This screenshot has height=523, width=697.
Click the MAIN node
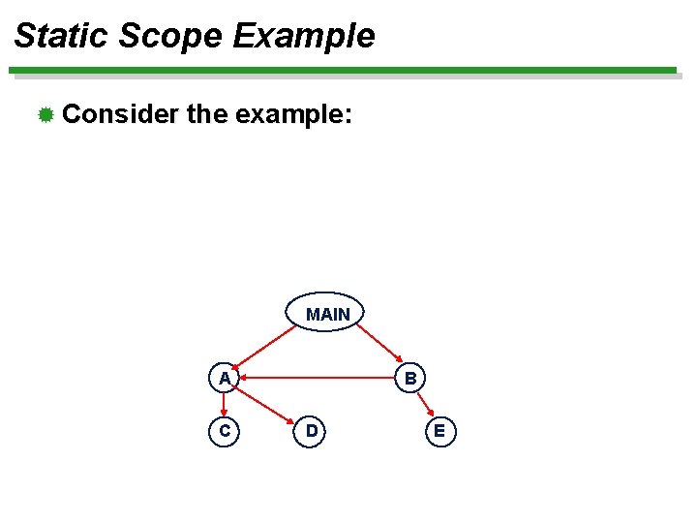(327, 313)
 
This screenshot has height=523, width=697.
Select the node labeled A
(225, 378)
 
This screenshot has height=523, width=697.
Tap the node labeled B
(410, 378)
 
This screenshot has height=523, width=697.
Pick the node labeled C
(225, 431)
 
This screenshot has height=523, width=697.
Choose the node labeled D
(311, 431)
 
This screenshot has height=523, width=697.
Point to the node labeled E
(439, 431)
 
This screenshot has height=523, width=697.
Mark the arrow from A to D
(268, 405)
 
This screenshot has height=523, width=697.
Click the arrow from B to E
(425, 405)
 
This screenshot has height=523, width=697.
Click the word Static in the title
(61, 37)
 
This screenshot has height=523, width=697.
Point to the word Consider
(120, 115)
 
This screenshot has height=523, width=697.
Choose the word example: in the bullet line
(292, 115)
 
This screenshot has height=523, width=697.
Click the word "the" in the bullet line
(205, 115)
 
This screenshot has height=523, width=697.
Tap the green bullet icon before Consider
(45, 116)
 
